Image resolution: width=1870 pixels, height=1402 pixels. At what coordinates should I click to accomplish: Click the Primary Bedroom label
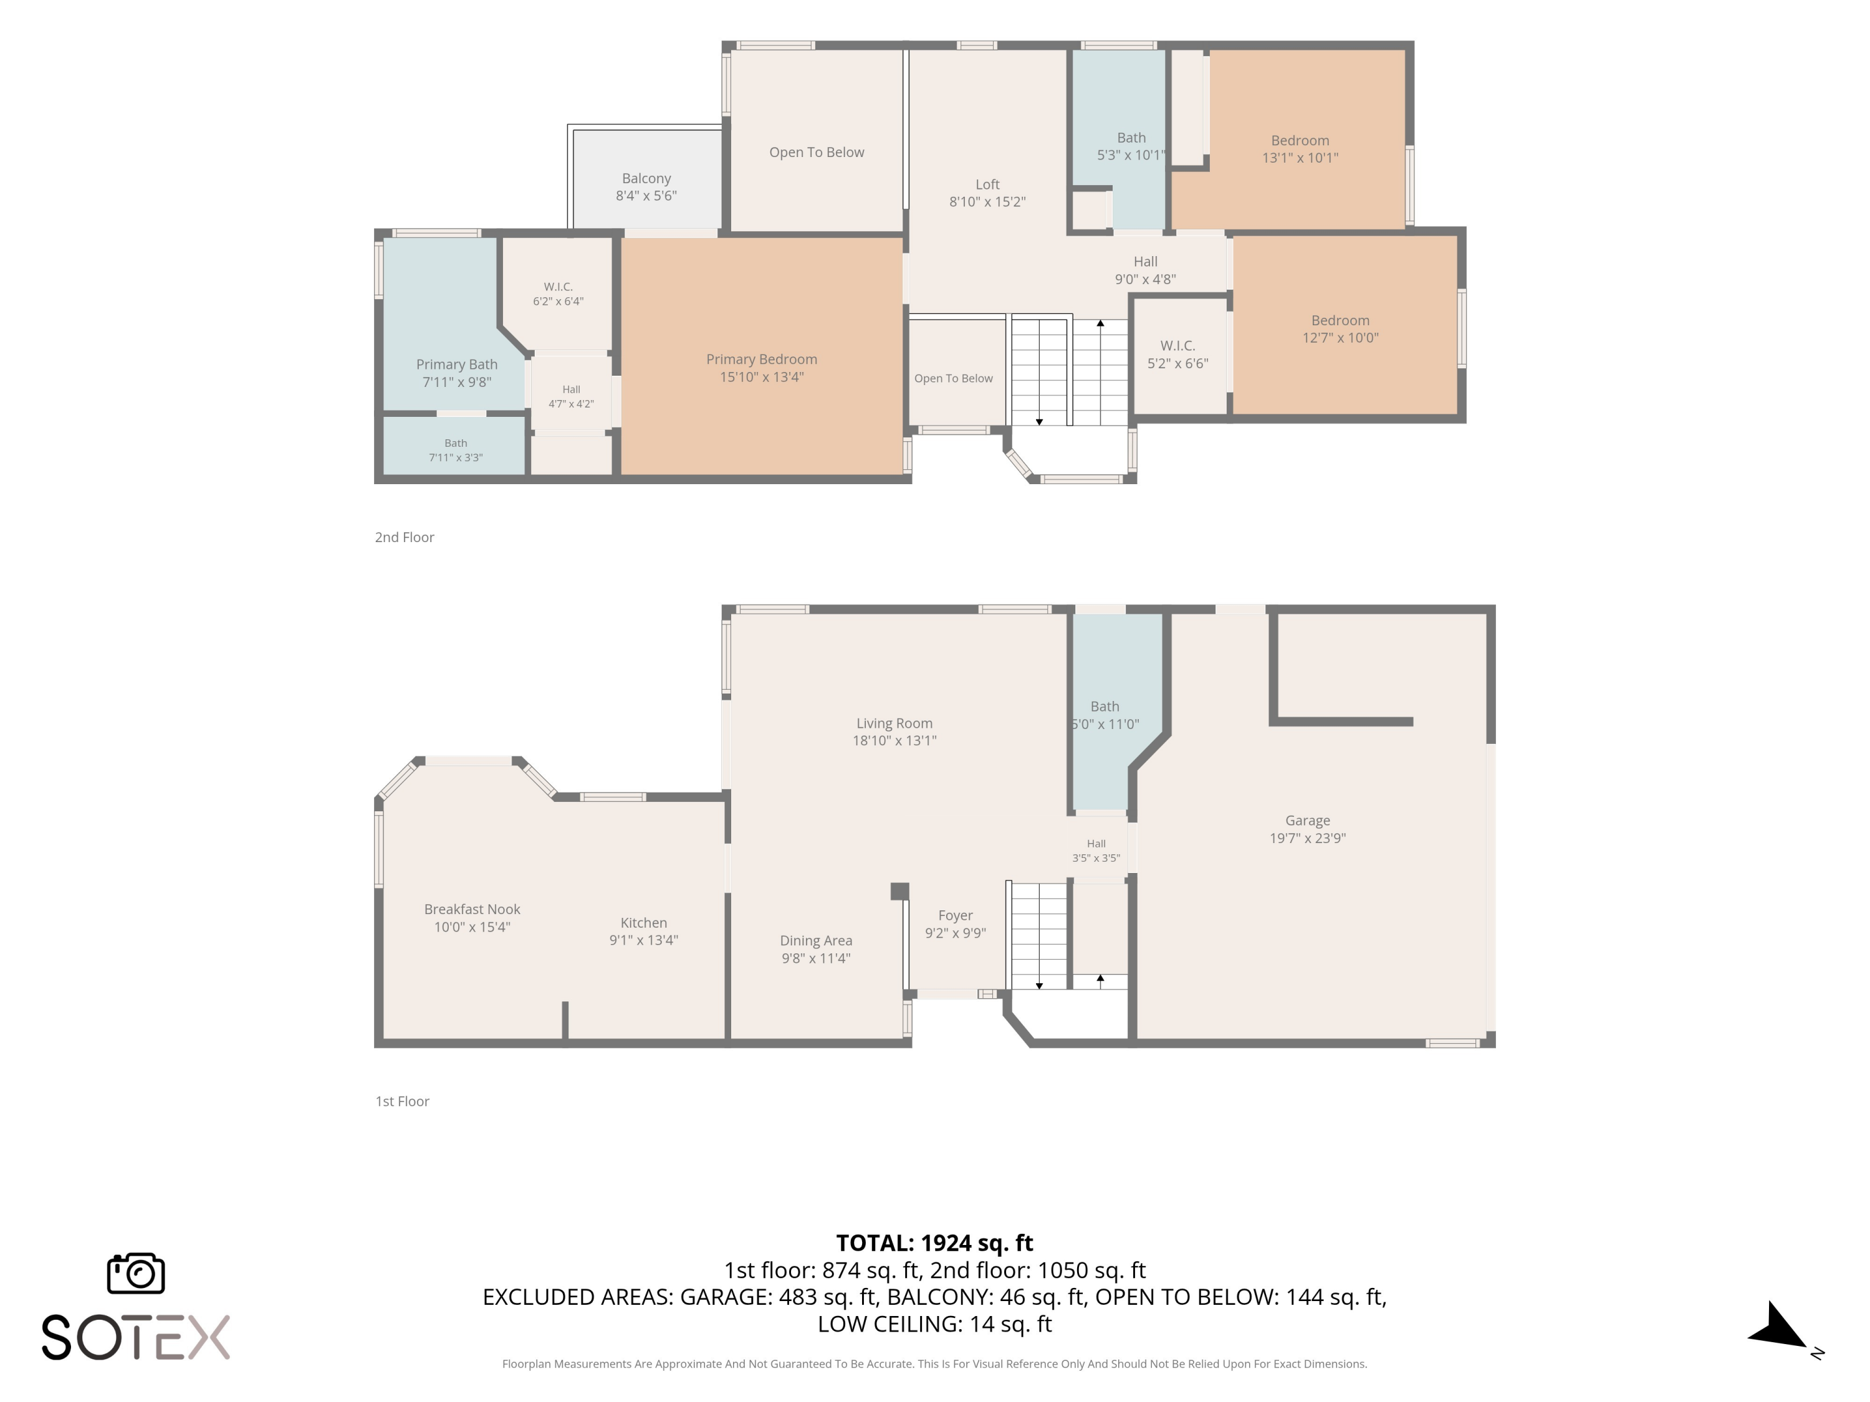pos(762,359)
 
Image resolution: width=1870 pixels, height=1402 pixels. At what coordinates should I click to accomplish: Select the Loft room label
pos(987,184)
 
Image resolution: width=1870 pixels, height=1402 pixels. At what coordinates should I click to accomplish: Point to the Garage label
pos(1307,821)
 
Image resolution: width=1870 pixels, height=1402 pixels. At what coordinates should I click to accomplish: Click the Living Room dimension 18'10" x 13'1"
pos(894,741)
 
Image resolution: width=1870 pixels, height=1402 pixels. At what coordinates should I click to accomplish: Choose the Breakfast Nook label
pos(472,909)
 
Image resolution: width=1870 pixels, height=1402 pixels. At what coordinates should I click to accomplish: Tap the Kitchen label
pos(643,923)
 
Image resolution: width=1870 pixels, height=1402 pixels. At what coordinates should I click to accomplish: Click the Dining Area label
pos(816,940)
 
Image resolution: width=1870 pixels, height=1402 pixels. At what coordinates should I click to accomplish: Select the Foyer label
pos(956,916)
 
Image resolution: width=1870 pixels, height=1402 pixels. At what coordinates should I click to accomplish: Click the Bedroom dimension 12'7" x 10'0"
pos(1340,338)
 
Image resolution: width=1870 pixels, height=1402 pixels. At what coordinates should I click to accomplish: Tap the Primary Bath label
pos(456,365)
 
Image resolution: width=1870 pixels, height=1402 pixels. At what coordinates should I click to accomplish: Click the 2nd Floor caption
pos(404,538)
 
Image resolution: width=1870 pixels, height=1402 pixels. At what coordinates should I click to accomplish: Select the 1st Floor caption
pos(403,1101)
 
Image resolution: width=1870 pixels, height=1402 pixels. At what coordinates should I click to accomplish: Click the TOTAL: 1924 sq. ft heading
pos(934,1243)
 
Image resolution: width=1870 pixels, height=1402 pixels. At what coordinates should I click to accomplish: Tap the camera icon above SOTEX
pos(136,1272)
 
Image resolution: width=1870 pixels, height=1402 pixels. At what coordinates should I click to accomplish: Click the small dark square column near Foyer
pos(899,892)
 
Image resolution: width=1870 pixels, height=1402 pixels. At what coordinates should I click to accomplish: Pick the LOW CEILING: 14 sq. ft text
pos(934,1324)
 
